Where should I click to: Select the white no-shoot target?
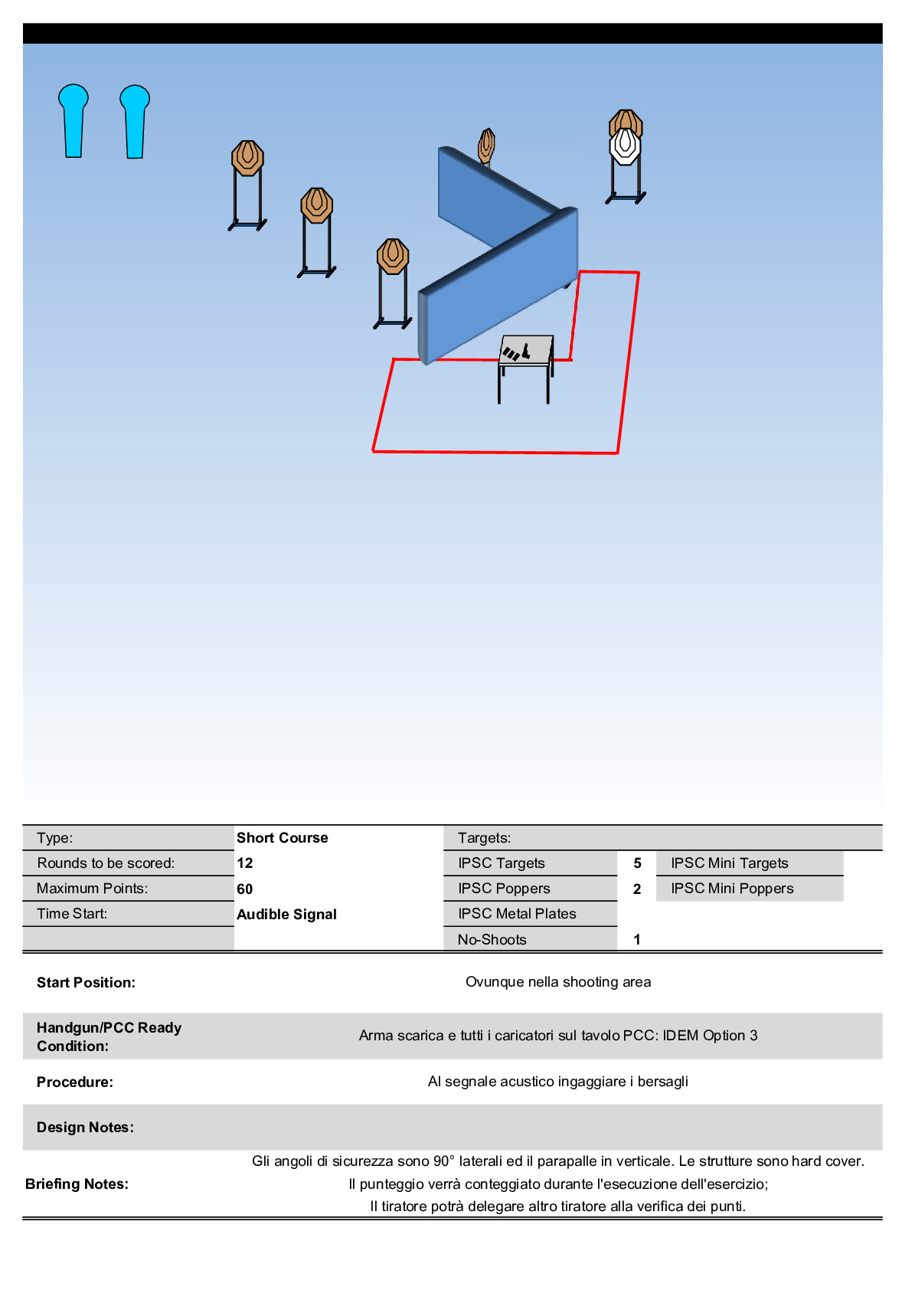point(625,146)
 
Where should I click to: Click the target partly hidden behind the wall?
point(486,145)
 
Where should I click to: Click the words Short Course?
point(282,837)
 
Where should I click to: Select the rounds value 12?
point(245,863)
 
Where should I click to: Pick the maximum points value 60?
point(245,889)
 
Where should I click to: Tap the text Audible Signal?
point(286,914)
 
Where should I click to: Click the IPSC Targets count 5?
point(637,863)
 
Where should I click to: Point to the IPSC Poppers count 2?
point(637,889)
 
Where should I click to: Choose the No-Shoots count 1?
point(637,939)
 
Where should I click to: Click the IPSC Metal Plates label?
point(517,914)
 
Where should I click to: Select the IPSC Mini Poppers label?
point(732,889)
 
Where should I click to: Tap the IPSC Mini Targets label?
point(729,863)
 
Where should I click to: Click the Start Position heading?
point(86,982)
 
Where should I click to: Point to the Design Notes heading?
point(85,1127)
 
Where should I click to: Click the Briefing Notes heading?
point(77,1184)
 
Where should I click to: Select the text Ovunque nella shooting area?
point(558,982)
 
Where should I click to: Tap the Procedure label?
point(75,1082)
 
